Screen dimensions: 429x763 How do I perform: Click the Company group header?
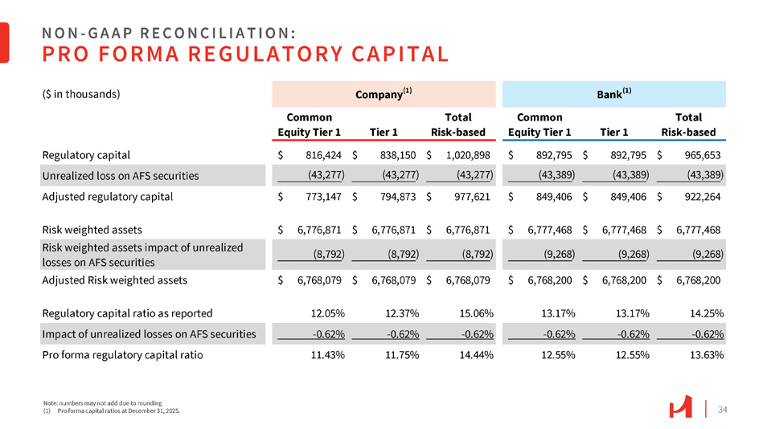(x=384, y=94)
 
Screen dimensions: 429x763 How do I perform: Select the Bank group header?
(x=613, y=94)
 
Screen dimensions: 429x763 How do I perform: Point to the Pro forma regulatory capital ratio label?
(x=122, y=354)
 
